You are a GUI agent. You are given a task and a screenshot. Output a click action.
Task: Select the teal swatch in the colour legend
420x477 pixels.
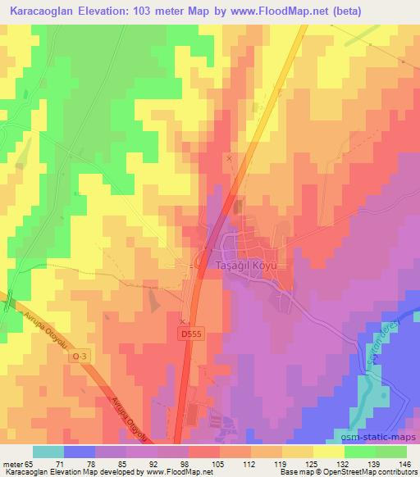48,452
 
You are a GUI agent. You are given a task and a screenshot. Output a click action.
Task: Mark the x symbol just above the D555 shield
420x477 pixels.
182,320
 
